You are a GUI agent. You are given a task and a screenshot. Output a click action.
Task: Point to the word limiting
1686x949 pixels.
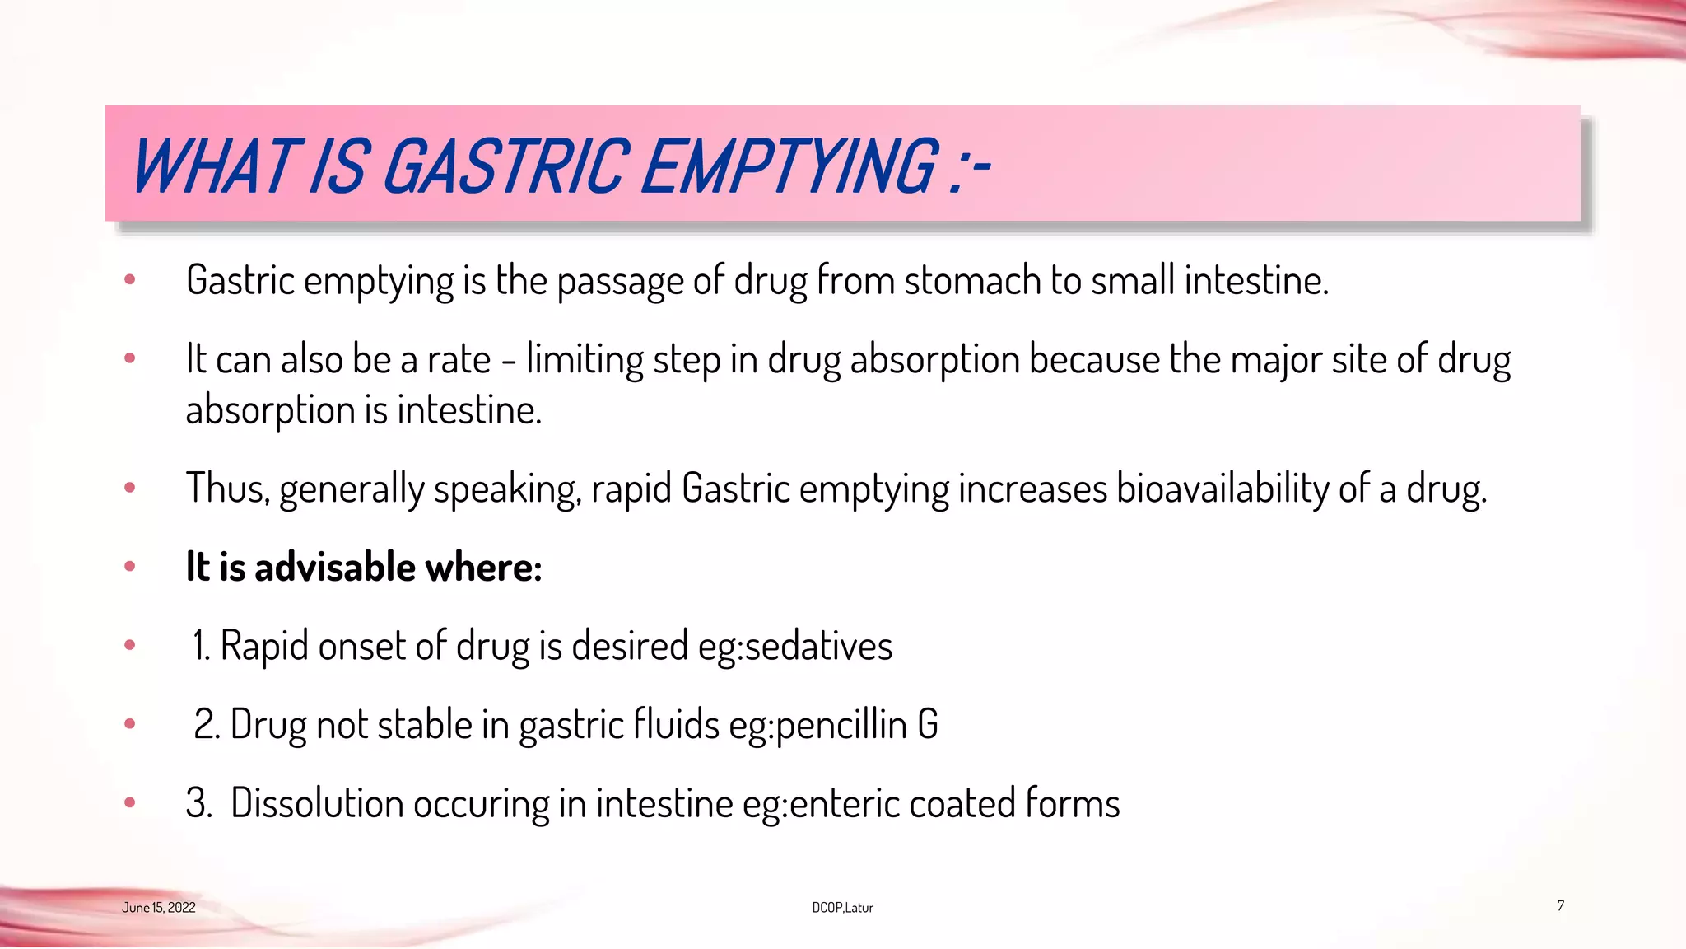coord(585,361)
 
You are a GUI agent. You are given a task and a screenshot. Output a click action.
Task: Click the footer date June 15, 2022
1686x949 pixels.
coord(159,908)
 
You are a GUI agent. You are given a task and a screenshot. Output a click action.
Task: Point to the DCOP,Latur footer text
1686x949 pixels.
coord(842,908)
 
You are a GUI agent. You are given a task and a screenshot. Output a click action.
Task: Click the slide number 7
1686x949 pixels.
coord(1560,905)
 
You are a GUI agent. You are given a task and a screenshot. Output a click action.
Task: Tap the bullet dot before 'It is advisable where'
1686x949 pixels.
coord(129,567)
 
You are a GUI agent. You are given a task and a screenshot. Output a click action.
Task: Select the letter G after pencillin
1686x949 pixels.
coord(928,724)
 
